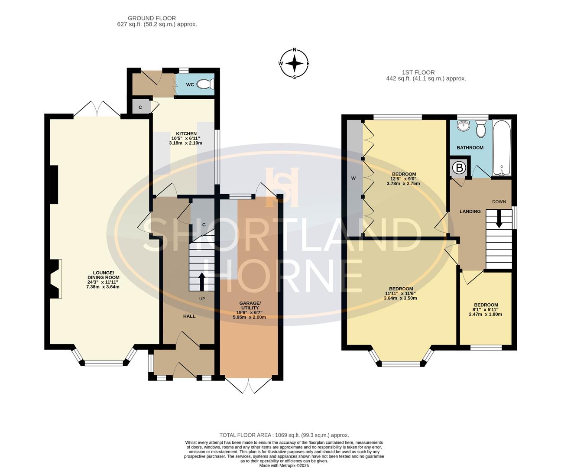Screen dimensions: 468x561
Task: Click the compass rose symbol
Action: tap(295, 64)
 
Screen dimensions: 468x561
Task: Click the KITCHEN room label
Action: tap(186, 133)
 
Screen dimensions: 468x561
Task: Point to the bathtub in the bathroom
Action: tap(502, 147)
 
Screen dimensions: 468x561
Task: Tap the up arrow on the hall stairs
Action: tap(202, 282)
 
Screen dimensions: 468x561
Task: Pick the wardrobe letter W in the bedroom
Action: tap(353, 178)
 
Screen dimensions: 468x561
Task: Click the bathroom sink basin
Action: tap(464, 126)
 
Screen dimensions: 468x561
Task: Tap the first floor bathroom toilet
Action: tap(480, 128)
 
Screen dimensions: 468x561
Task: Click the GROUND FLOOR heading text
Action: tap(152, 18)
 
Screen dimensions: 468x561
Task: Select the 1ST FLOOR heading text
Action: tap(418, 72)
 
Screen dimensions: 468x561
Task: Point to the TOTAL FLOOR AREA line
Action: tap(284, 435)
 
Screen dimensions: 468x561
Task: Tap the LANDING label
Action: tap(470, 211)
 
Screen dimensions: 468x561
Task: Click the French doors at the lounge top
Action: tap(97, 109)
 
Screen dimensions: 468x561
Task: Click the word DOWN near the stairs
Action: tap(499, 201)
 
